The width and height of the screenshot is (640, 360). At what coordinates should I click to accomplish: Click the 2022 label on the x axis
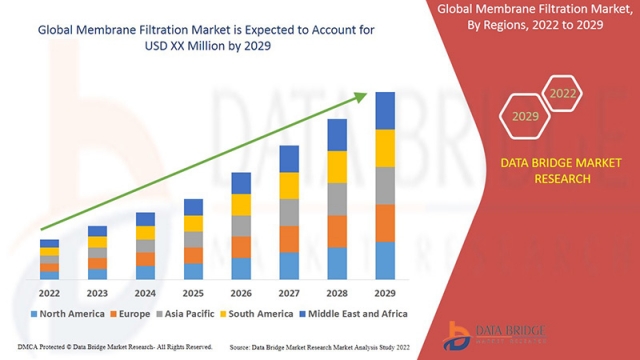[x=49, y=293]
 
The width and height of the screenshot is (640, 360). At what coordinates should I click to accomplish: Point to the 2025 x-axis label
[x=193, y=293]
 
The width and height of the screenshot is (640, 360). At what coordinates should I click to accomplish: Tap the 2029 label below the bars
[x=385, y=293]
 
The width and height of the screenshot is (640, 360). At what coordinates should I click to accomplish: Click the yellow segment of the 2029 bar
[x=385, y=148]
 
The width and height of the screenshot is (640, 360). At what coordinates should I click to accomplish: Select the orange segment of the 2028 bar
[x=337, y=230]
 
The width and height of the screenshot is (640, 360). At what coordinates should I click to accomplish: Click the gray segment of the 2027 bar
[x=289, y=212]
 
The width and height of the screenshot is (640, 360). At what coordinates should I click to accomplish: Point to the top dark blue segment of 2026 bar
[x=241, y=183]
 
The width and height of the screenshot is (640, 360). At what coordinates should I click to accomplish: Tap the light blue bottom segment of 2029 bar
[x=385, y=260]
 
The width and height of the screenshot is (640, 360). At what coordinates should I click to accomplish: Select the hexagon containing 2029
[x=525, y=116]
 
